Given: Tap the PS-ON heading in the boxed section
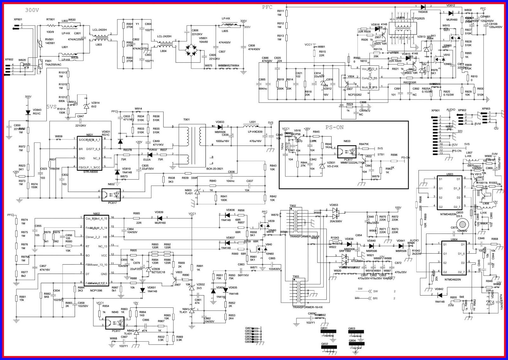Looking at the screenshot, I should pyautogui.click(x=334, y=127).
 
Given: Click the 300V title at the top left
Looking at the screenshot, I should pyautogui.click(x=32, y=10).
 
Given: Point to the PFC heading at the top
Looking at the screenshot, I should pyautogui.click(x=267, y=7).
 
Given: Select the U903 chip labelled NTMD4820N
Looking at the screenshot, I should pyautogui.click(x=449, y=193).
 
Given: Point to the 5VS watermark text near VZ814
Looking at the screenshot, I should pyautogui.click(x=51, y=107).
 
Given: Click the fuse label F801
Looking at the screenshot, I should pyautogui.click(x=48, y=61).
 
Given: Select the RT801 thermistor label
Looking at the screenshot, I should pyautogui.click(x=50, y=20).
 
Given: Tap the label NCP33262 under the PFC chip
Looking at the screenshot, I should pyautogui.click(x=355, y=95).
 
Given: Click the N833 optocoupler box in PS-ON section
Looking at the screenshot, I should pyautogui.click(x=348, y=152).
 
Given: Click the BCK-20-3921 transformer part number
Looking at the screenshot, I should pyautogui.click(x=215, y=169).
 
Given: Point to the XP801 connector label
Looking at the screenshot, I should pyautogui.click(x=18, y=20).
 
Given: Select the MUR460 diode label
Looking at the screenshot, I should pyautogui.click(x=452, y=20).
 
